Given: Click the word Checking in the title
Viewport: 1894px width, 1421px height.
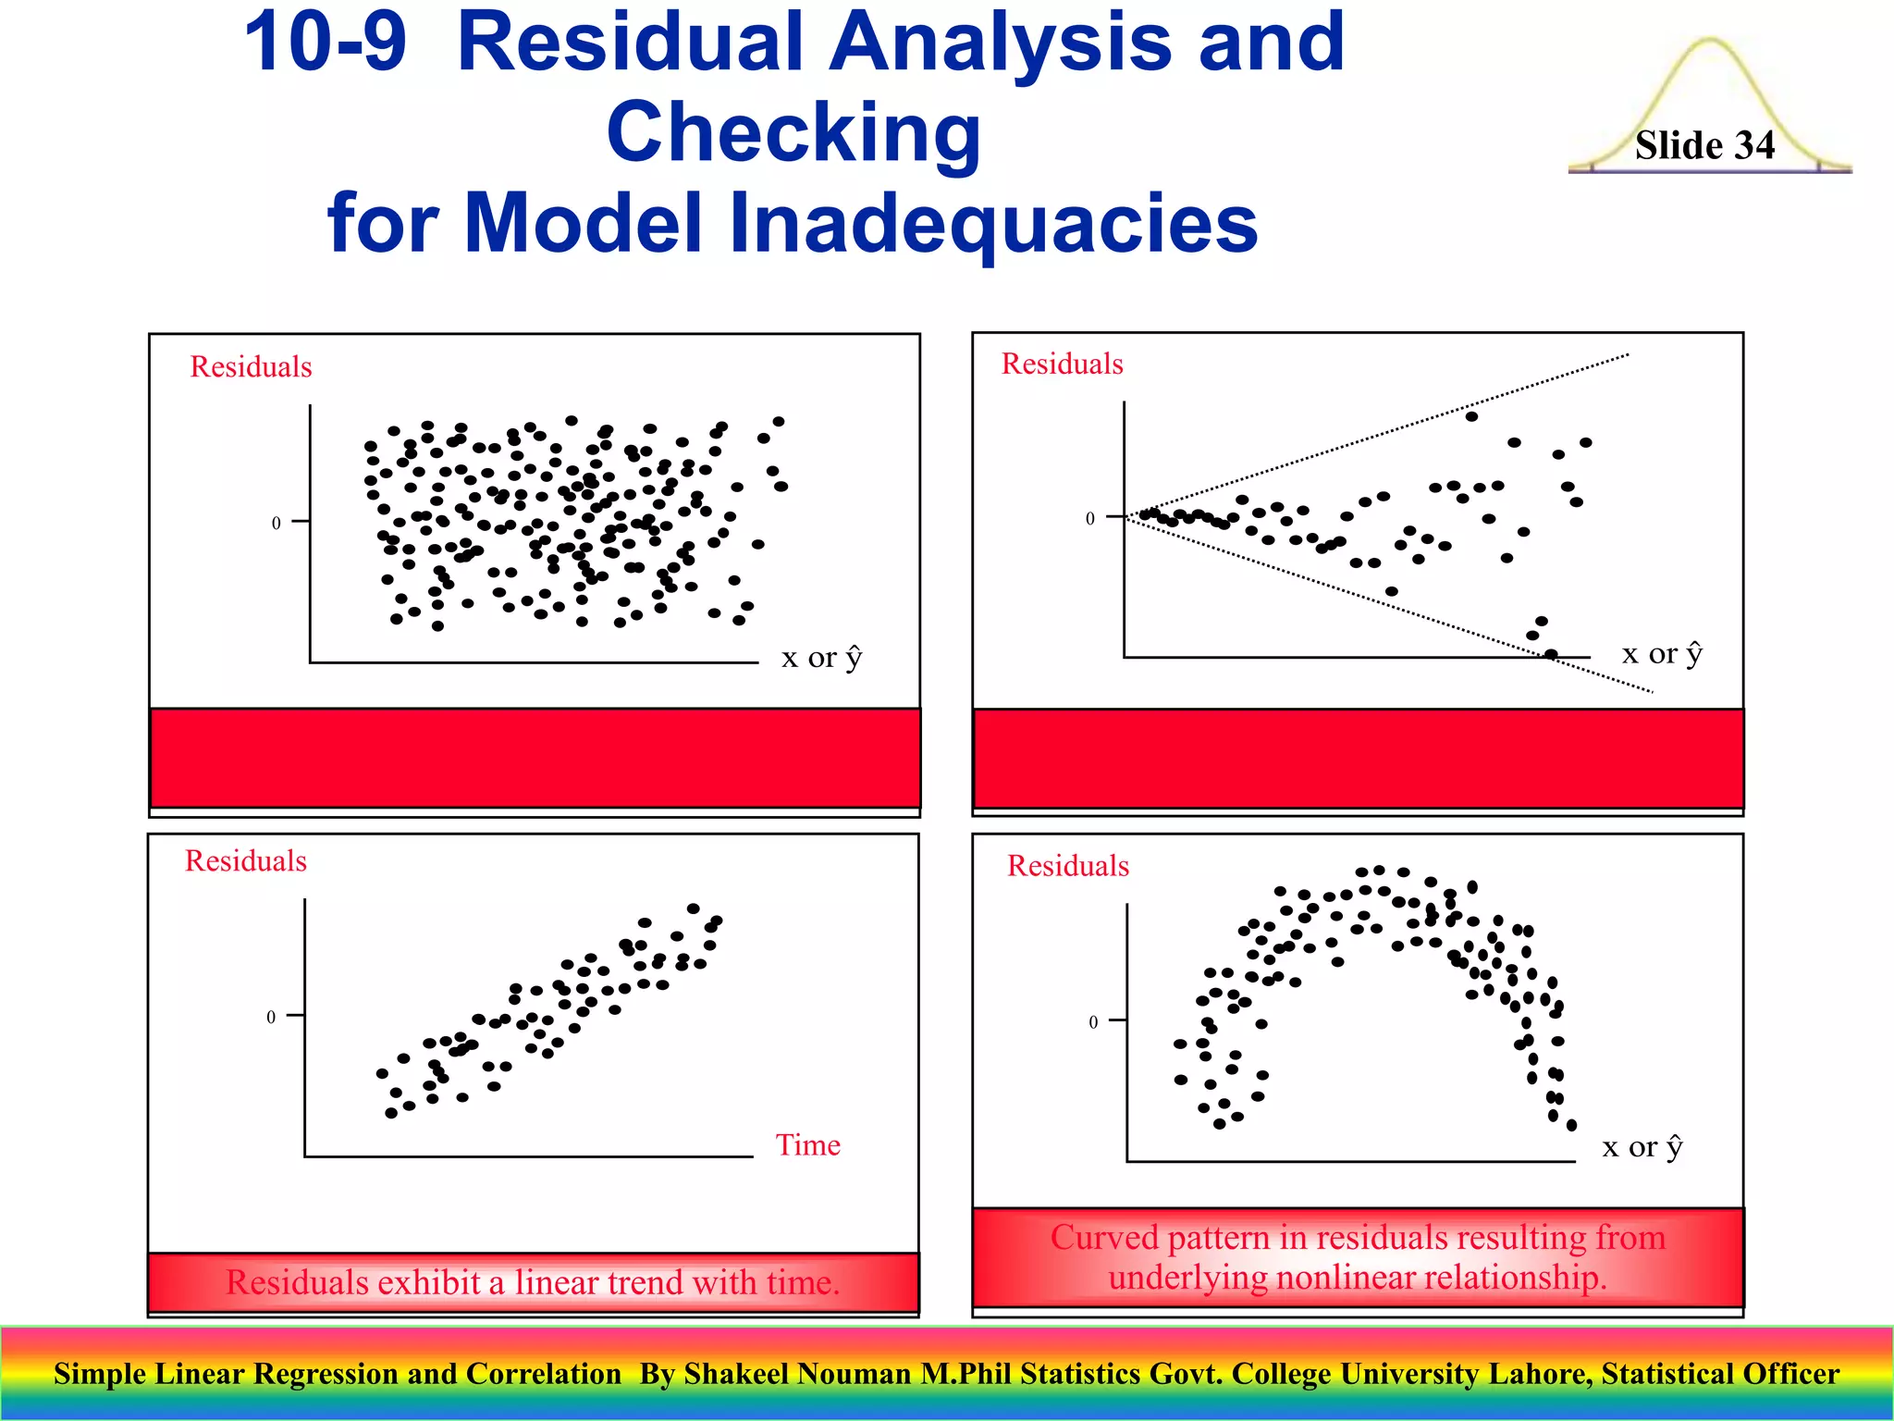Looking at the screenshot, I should click(x=793, y=134).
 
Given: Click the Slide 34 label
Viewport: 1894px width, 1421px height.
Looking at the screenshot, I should click(x=1704, y=145).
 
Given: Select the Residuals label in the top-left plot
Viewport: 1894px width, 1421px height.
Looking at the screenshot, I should click(x=251, y=366).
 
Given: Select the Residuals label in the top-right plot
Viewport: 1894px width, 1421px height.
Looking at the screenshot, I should click(x=1062, y=364).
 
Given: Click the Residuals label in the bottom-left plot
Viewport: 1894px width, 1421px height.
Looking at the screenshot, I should click(x=245, y=860).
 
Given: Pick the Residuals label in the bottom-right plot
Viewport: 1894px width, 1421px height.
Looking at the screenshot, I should click(x=1067, y=866).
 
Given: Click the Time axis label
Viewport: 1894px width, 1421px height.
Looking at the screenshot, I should click(x=807, y=1145).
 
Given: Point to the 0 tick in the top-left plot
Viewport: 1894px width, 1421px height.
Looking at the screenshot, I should click(x=276, y=524).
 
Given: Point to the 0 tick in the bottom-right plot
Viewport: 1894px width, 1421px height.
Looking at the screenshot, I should click(x=1093, y=1022).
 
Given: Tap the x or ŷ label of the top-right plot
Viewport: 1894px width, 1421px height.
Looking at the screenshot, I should click(x=1662, y=654).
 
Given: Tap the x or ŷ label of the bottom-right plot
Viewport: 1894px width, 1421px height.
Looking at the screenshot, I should click(x=1642, y=1147).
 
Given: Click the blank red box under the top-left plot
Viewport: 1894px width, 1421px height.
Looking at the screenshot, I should click(x=535, y=758).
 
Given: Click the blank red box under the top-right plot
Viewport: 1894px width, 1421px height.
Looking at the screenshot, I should click(x=1358, y=758).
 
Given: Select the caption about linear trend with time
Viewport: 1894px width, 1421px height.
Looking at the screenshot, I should click(x=533, y=1282).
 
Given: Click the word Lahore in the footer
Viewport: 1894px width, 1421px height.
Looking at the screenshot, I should click(x=1540, y=1374).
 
